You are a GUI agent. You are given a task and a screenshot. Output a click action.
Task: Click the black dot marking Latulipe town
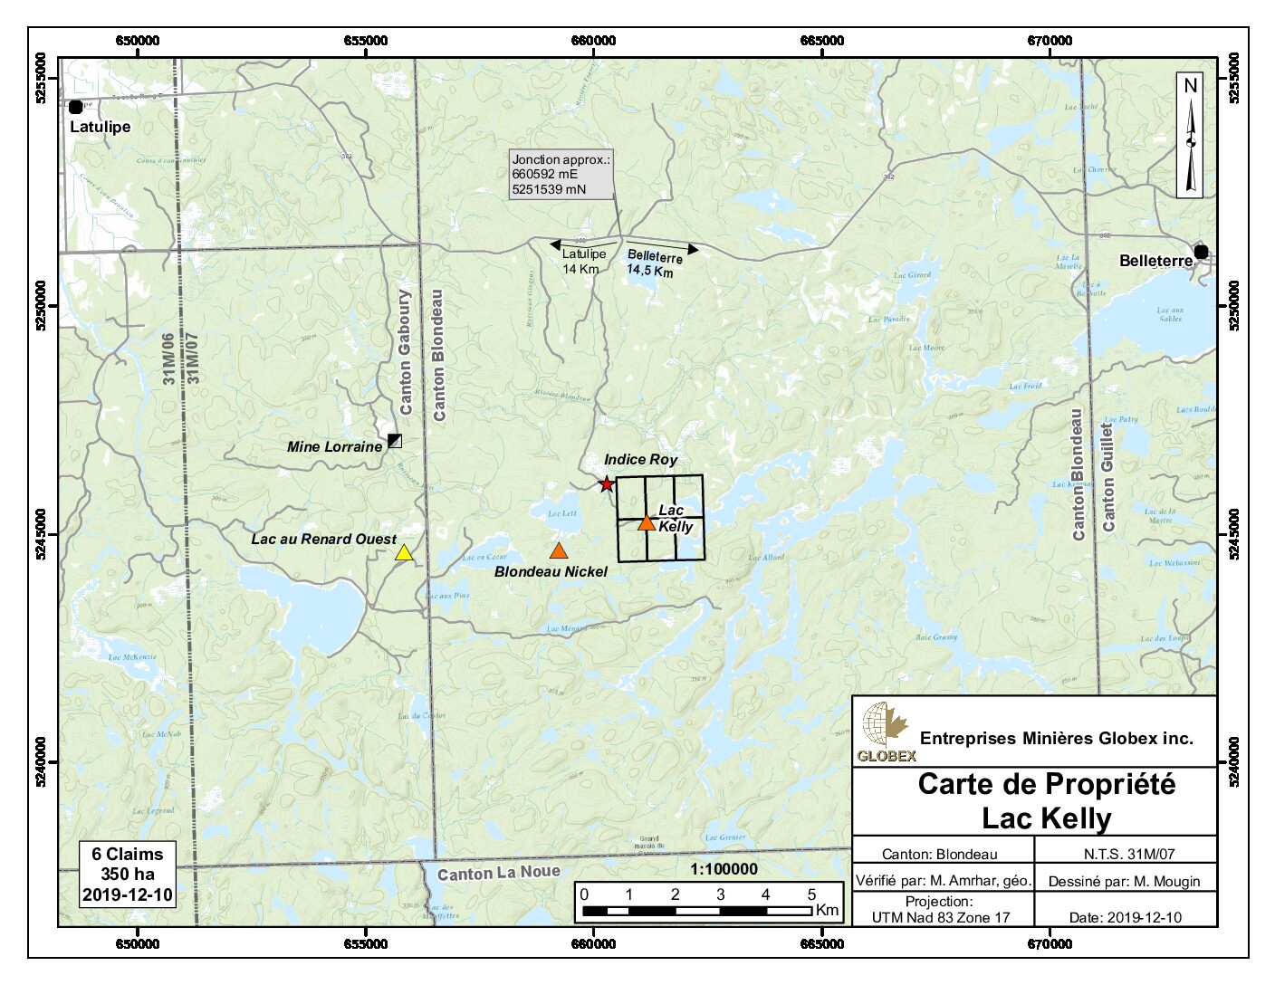[x=76, y=107]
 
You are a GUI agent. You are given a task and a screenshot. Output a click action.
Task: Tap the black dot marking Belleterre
[x=1201, y=252]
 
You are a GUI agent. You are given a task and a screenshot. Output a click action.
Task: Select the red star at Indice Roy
[x=607, y=484]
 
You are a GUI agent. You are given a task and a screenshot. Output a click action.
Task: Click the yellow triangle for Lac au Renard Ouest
[x=404, y=553]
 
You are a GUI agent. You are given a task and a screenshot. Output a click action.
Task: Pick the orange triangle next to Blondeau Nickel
[x=560, y=550]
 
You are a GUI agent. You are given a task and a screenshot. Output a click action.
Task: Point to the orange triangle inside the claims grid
[x=646, y=522]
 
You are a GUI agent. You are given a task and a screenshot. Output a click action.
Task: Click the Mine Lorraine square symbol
[x=395, y=441]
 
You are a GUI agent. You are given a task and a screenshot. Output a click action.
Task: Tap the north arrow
[x=1190, y=135]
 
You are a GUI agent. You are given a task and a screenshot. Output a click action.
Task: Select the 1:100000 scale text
[x=723, y=869]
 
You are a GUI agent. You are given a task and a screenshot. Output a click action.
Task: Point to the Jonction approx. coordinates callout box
[x=561, y=175]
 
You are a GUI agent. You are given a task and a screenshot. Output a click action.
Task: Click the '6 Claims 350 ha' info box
[x=127, y=875]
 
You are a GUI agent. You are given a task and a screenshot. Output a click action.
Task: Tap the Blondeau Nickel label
[x=551, y=571]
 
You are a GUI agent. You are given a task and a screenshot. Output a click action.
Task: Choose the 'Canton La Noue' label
[x=498, y=874]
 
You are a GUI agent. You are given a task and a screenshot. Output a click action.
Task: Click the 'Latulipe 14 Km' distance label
[x=583, y=262]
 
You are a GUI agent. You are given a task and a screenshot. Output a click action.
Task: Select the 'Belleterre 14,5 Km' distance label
[x=652, y=264]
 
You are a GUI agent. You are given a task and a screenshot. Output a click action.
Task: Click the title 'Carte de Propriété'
[x=1046, y=784]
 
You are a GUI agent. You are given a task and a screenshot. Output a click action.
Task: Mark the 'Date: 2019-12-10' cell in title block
[x=1125, y=917]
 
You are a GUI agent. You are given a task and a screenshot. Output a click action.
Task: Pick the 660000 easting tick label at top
[x=593, y=41]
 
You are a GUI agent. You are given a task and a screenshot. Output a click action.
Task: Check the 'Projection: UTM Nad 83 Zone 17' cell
[x=941, y=910]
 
